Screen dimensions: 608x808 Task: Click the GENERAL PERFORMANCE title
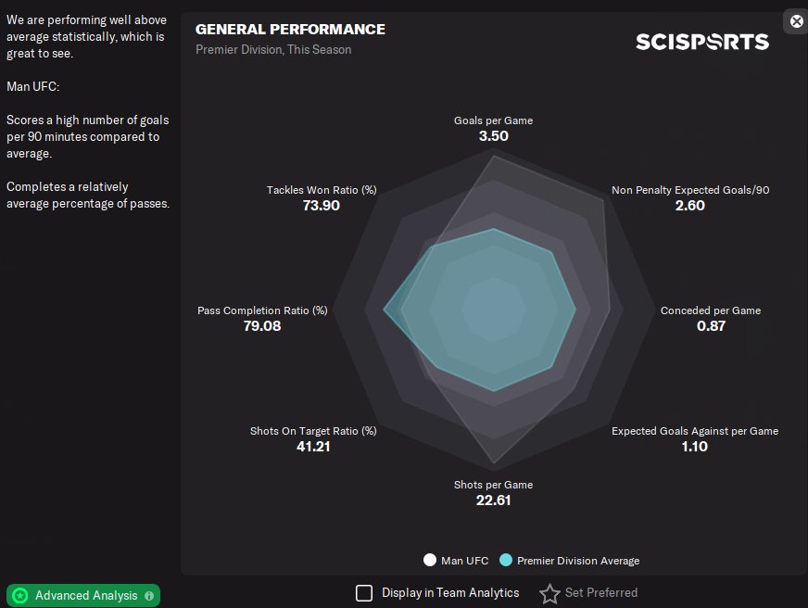coord(290,30)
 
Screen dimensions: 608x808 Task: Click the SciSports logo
coord(701,42)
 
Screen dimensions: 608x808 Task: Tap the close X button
coord(796,21)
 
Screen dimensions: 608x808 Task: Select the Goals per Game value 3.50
coord(493,136)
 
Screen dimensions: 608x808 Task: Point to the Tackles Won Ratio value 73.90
coord(322,206)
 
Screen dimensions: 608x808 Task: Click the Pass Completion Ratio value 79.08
coord(262,326)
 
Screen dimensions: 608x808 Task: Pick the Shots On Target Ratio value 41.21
coord(313,447)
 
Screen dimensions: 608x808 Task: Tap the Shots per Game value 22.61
coord(493,500)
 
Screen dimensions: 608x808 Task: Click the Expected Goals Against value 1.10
coord(694,447)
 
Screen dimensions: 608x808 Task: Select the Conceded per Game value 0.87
coord(711,326)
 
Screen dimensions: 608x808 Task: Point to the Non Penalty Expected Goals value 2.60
coord(690,206)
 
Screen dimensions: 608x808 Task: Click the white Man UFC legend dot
coord(429,560)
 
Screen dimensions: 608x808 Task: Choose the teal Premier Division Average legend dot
coord(505,560)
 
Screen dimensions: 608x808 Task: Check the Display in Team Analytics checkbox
coord(364,592)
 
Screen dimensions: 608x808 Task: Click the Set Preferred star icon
coord(549,593)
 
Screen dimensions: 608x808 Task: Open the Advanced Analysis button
coord(83,595)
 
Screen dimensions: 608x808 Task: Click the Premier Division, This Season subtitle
coord(273,49)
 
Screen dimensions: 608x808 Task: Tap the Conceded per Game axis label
coord(711,310)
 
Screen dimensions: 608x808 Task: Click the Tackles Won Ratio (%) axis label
coord(322,190)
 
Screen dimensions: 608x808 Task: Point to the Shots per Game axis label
coord(493,485)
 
